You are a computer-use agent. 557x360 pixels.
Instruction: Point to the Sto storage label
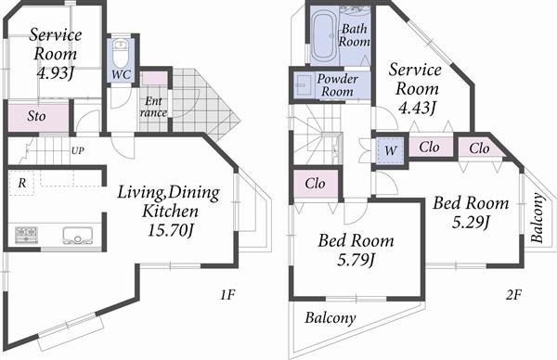coord(37,118)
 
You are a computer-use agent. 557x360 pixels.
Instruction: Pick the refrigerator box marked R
coord(22,184)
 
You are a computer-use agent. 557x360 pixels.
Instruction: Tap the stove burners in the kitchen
coord(25,234)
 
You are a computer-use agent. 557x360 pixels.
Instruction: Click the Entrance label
coord(153,106)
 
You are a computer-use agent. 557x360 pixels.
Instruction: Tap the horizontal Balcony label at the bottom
coord(330,318)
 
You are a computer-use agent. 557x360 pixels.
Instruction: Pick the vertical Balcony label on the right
coord(537,217)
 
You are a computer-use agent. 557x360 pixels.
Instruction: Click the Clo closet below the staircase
coord(316,184)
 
